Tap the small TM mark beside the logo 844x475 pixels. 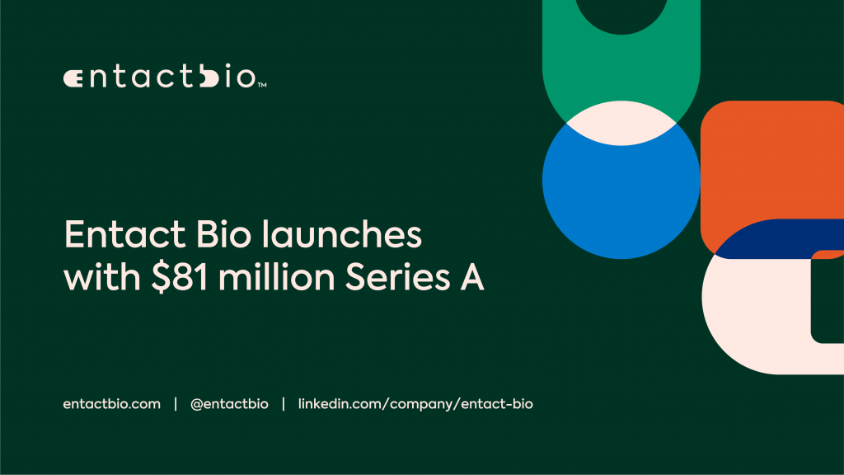point(262,85)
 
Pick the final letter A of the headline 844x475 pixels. point(472,280)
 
